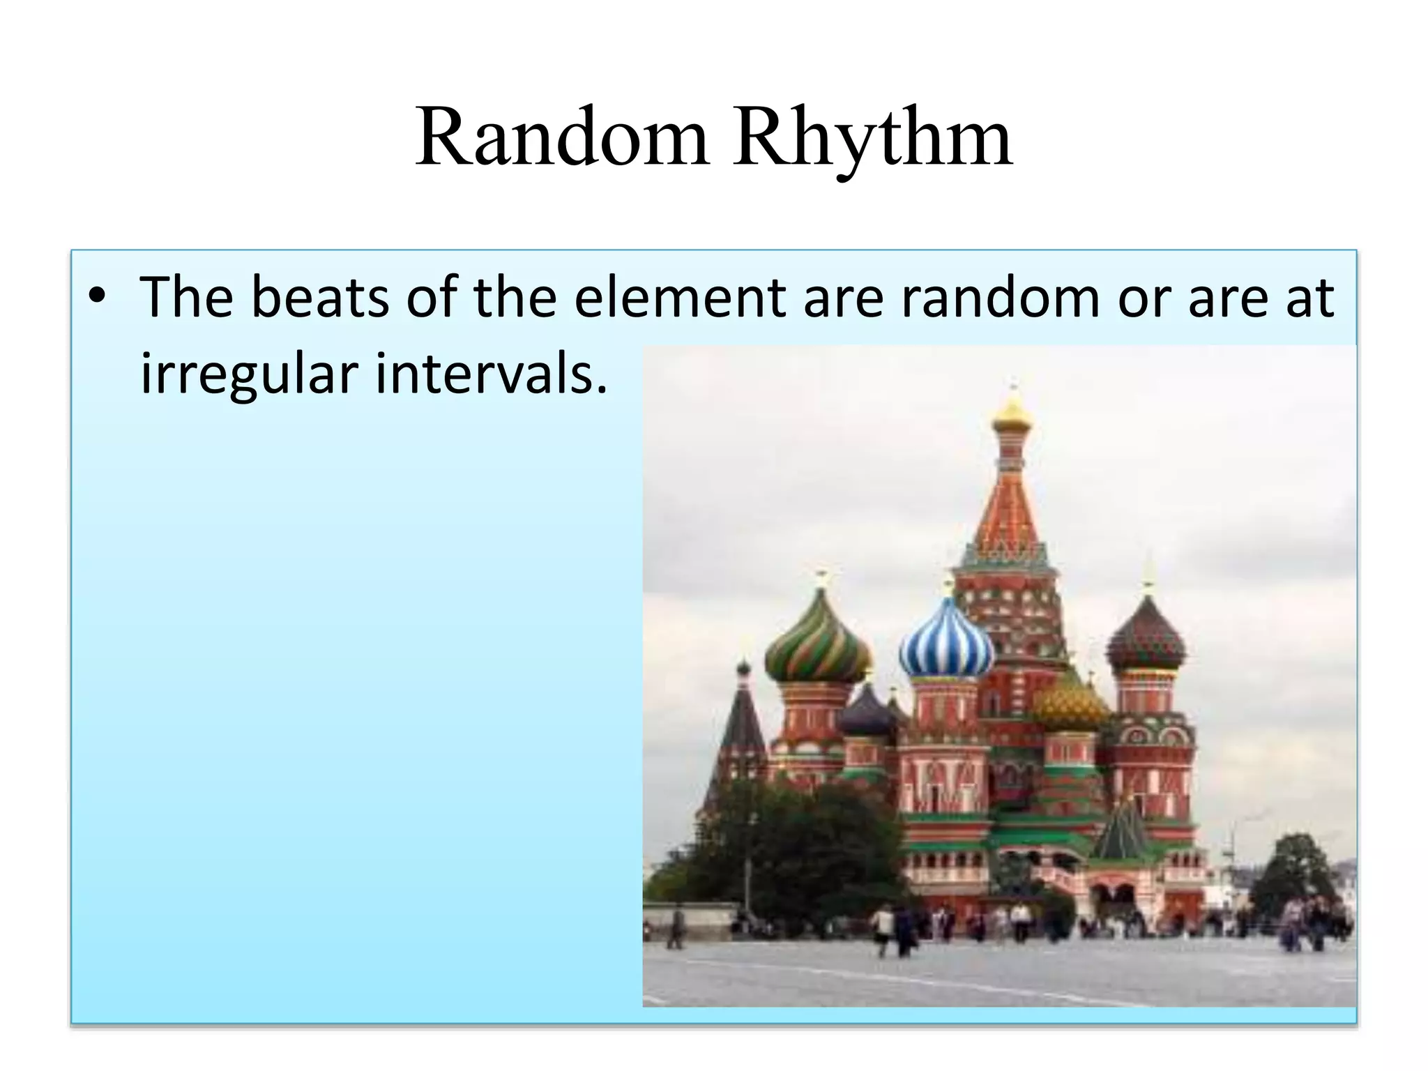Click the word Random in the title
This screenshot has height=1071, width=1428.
(562, 137)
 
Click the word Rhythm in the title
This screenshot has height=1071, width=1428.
(872, 139)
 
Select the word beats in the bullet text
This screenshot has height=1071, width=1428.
(320, 298)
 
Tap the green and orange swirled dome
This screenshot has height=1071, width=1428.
(818, 645)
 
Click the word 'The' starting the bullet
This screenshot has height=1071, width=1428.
(186, 298)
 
